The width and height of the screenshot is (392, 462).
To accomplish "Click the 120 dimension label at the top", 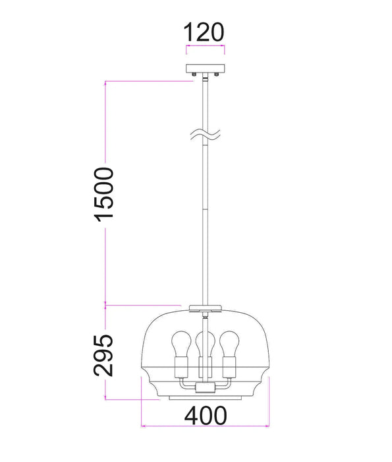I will click(x=206, y=31).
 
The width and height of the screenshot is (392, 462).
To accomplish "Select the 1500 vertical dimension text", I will click(x=104, y=195).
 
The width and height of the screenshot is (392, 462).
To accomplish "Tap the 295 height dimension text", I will click(x=104, y=355).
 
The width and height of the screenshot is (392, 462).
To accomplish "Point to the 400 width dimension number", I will click(x=206, y=416).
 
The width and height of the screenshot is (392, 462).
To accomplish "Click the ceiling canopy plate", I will click(x=206, y=69).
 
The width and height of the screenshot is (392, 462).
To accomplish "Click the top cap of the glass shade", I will click(x=206, y=308).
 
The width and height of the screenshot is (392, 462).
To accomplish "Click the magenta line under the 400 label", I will click(x=206, y=428).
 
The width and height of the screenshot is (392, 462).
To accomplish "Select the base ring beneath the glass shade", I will click(x=206, y=398).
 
